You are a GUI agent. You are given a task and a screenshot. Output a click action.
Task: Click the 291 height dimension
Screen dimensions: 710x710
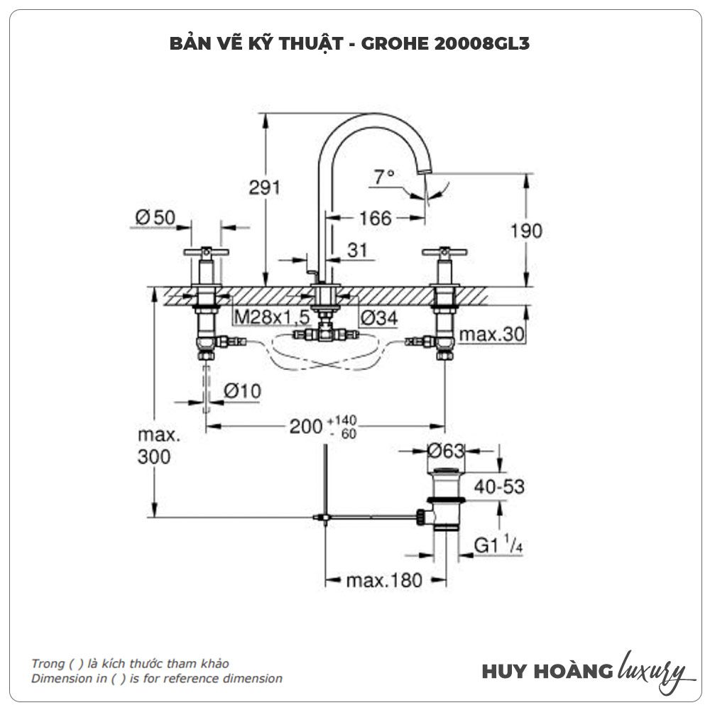point(264,187)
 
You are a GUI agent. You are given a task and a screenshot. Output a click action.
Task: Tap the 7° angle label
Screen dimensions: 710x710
point(384,175)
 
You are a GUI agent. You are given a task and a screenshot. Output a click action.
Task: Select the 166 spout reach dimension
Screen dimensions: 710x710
point(375,218)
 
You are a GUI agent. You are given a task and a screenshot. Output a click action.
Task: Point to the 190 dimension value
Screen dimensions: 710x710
point(525,231)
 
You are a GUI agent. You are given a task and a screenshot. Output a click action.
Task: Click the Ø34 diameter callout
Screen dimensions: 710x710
point(378,318)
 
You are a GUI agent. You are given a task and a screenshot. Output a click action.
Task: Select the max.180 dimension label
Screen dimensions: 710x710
point(383,580)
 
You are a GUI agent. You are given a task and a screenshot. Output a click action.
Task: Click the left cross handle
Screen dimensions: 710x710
point(206,252)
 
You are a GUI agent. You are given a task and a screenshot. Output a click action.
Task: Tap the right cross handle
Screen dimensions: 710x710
point(444,252)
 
